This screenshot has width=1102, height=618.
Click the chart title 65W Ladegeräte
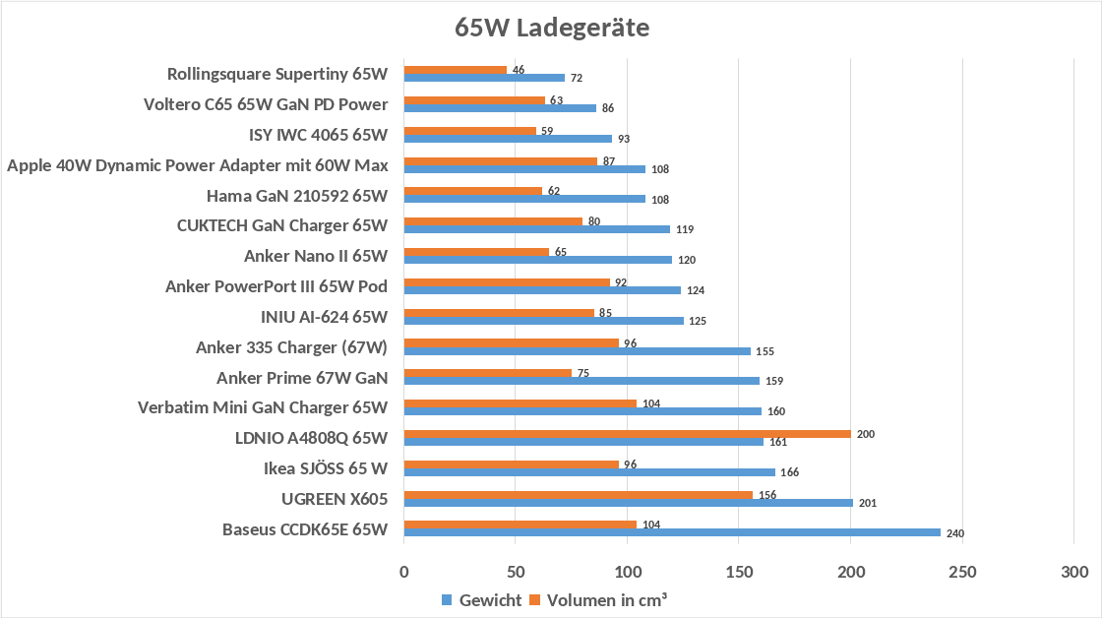tap(552, 28)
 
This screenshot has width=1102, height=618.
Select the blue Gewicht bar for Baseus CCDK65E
tap(673, 532)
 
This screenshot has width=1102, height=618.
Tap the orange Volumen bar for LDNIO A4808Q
tap(628, 434)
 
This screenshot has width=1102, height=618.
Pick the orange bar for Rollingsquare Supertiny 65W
tap(456, 70)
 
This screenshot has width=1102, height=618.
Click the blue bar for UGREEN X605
tap(629, 503)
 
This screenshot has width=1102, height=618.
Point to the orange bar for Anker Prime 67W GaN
tap(488, 373)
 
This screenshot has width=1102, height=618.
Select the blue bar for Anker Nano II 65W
tap(537, 260)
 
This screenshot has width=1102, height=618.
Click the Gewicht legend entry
tap(481, 600)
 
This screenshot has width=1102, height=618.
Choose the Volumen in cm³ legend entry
tap(598, 600)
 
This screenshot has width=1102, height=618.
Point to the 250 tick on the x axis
tap(962, 572)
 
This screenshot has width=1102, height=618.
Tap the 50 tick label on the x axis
tap(516, 572)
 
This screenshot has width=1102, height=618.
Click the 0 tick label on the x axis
tap(404, 572)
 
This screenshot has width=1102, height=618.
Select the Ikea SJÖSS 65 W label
tap(326, 468)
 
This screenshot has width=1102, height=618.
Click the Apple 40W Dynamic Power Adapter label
tap(198, 165)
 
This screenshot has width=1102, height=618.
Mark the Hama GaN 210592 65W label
tap(296, 196)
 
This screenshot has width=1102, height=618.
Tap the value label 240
tap(955, 533)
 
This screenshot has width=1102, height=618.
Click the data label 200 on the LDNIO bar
tap(866, 435)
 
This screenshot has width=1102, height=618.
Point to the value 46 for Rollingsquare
tap(519, 70)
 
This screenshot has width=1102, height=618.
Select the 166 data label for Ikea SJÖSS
tap(790, 472)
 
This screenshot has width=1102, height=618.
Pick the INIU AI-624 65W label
tap(324, 317)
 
